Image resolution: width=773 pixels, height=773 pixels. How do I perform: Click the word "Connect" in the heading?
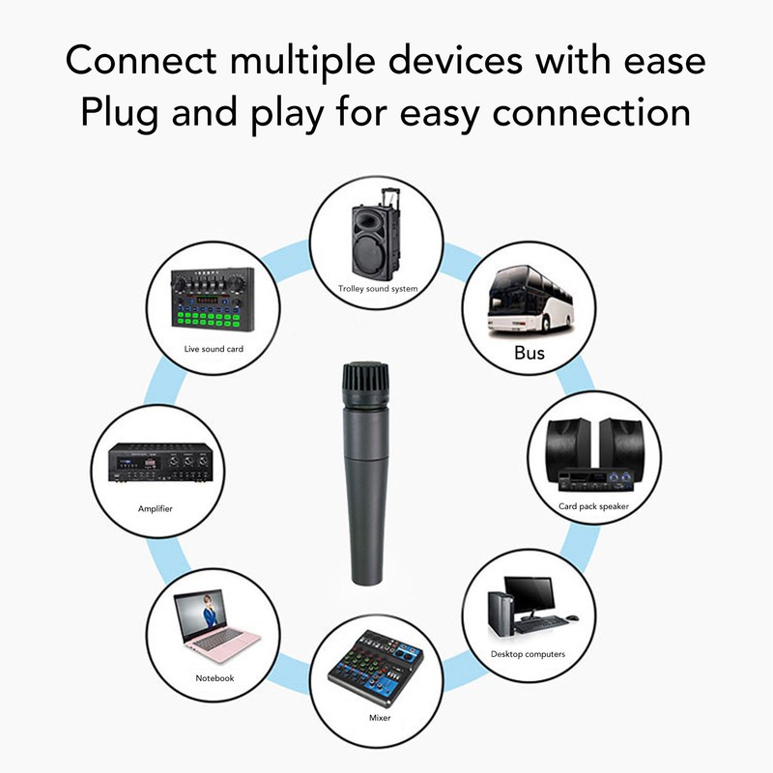[x=140, y=61]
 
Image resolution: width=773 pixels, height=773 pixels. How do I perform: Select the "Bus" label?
[x=529, y=353]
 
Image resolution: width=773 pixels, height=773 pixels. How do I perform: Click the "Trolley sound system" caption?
[x=378, y=289]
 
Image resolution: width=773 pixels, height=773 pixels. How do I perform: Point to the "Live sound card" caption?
[x=214, y=349]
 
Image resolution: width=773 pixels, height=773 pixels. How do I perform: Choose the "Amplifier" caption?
[x=156, y=509]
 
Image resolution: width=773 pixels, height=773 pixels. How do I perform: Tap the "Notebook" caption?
[x=215, y=678]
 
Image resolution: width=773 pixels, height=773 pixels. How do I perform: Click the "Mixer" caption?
[x=380, y=718]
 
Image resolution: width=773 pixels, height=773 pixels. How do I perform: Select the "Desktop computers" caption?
[x=528, y=654]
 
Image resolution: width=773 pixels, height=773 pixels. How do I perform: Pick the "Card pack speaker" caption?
[x=593, y=506]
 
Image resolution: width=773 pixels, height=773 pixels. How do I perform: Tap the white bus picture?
[x=530, y=301]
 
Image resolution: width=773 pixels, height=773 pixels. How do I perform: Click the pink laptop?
[x=215, y=626]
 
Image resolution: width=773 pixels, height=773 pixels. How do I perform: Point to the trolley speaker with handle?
[x=376, y=234]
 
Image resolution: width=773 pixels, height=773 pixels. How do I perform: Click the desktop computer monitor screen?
[x=530, y=594]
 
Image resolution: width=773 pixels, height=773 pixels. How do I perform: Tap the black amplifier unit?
[x=160, y=463]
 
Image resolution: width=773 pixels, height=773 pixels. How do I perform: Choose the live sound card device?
[x=213, y=300]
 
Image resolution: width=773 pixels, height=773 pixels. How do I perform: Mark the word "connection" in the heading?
[x=591, y=113]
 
